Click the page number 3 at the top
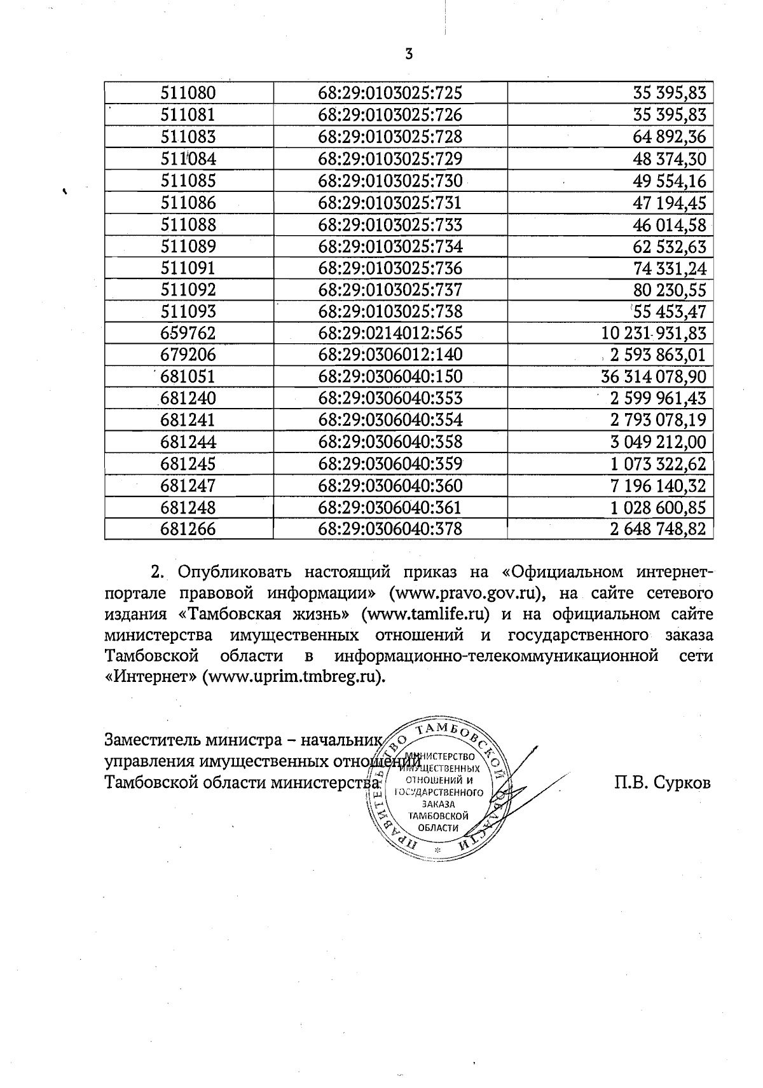tap(409, 55)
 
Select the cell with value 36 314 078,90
tap(653, 376)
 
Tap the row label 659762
tap(188, 333)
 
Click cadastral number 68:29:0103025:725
tap(390, 93)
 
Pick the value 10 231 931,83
tap(653, 333)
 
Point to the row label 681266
tap(188, 529)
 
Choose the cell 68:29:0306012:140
tap(390, 355)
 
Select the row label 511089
tap(188, 246)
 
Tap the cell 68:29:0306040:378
tap(390, 529)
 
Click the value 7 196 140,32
tap(657, 486)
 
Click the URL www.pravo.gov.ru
tap(467, 594)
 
